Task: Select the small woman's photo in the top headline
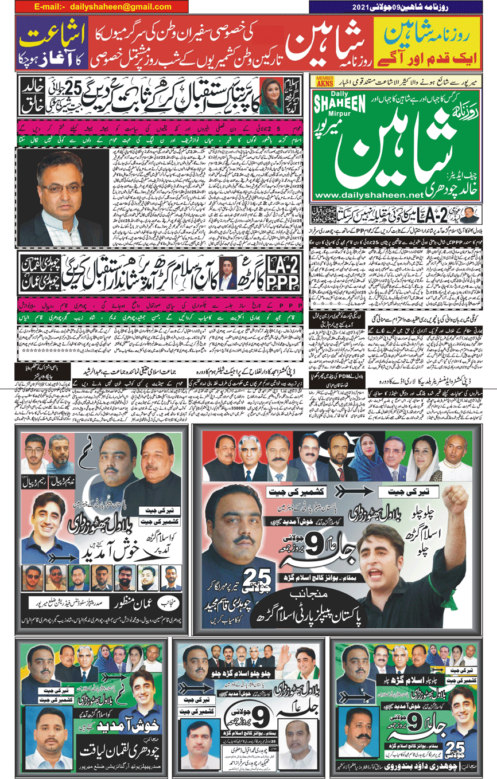[x=268, y=89]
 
